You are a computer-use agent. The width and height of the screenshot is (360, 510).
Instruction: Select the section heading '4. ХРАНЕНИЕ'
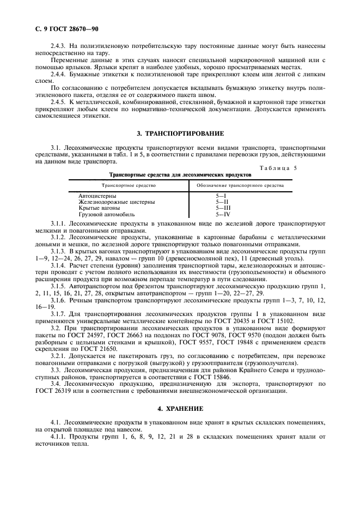pyautogui.click(x=179, y=409)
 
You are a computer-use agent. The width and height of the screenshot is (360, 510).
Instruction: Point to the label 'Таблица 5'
pyautogui.click(x=278, y=168)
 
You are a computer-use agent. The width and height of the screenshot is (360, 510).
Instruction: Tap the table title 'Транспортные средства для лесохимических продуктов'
pyautogui.click(x=180, y=175)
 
